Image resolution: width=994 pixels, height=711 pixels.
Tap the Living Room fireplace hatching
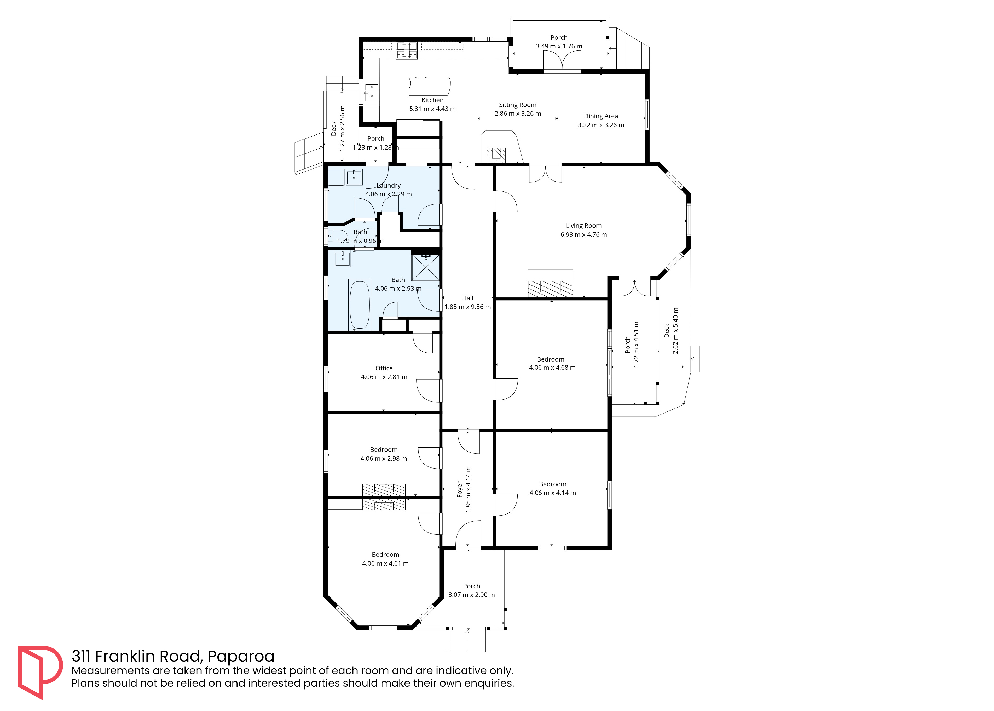click(x=550, y=289)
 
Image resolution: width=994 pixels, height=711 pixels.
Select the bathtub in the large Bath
click(x=360, y=305)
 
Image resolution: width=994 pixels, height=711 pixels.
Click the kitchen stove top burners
click(x=407, y=50)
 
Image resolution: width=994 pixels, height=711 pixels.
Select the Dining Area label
click(x=601, y=116)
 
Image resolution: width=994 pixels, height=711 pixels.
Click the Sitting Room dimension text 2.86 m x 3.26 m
click(x=518, y=113)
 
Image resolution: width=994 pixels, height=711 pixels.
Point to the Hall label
click(x=467, y=298)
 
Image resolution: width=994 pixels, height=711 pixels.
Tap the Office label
click(x=384, y=368)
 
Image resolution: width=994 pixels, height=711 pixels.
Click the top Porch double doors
click(x=562, y=61)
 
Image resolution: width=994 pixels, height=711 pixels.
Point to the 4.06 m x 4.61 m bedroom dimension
click(x=385, y=563)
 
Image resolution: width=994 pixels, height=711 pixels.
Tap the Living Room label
click(x=583, y=226)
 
